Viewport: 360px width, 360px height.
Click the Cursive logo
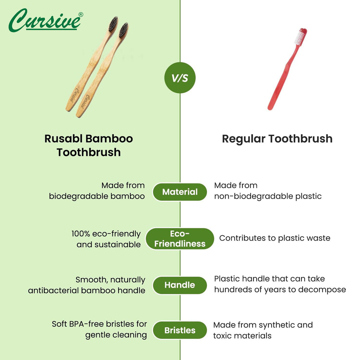(45, 20)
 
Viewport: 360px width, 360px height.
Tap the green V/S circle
(180, 78)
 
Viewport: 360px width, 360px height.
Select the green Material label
(180, 192)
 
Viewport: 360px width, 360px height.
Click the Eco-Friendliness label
(180, 239)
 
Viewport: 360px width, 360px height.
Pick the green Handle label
(180, 285)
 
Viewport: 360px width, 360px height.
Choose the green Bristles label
(180, 330)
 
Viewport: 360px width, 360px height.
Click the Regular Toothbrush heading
(277, 139)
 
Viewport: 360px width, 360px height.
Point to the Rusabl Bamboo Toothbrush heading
(89, 145)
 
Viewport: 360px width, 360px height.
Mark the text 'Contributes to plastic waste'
(275, 238)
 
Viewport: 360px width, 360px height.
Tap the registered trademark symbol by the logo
(81, 14)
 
